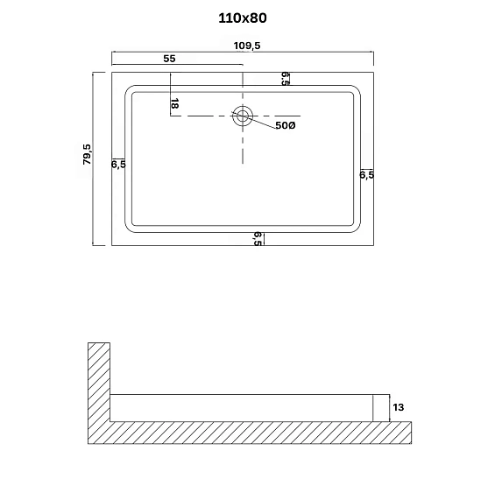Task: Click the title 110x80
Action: pos(243,18)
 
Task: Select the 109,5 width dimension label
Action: pos(247,46)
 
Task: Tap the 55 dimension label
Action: pos(169,59)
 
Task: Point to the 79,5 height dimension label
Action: pos(87,154)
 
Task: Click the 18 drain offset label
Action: pos(174,103)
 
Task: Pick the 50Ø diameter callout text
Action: pos(286,125)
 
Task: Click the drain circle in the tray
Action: pos(243,116)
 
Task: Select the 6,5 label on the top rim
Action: pos(285,79)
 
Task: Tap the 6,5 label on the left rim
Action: pos(118,164)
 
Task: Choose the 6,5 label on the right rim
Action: pos(367,174)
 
